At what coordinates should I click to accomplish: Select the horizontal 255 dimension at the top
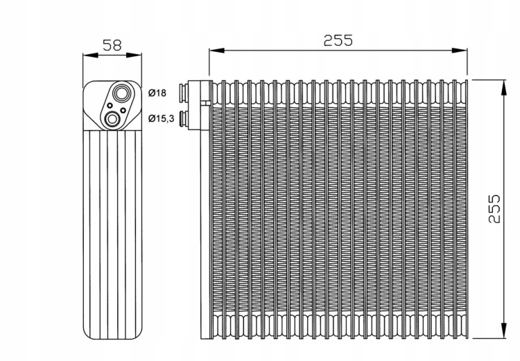tap(338, 40)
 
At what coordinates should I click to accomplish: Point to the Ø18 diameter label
tap(157, 93)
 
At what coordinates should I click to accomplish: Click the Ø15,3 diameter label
tap(161, 119)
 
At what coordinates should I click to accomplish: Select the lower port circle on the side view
tap(112, 121)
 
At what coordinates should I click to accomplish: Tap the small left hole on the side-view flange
tap(108, 106)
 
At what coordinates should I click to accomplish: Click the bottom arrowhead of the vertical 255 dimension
tap(501, 335)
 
